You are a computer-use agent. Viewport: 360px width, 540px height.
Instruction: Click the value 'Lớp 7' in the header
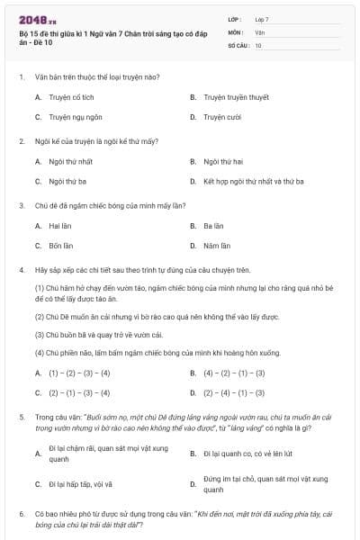(262, 18)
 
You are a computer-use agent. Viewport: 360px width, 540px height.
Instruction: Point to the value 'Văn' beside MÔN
(259, 31)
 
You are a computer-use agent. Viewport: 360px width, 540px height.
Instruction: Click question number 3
(22, 205)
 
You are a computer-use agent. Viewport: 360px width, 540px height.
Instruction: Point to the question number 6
(22, 515)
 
